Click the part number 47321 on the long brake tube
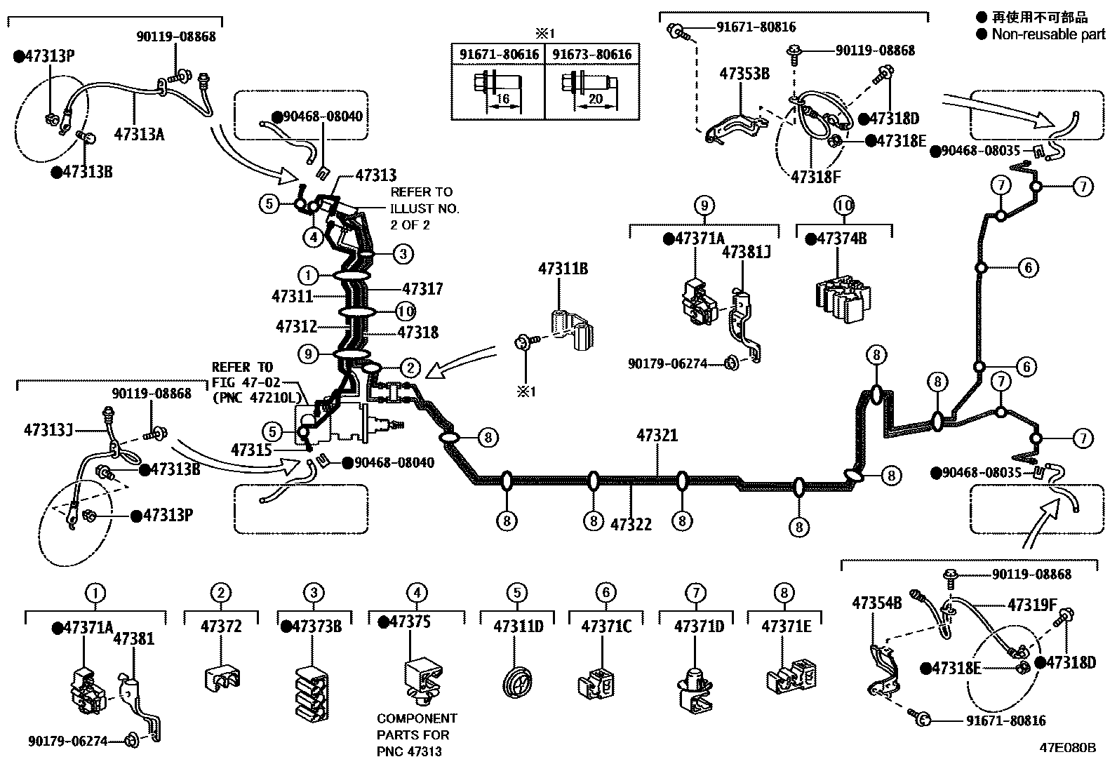[657, 436]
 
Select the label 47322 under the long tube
[631, 524]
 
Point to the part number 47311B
[563, 268]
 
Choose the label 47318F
[815, 176]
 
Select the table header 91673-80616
[591, 54]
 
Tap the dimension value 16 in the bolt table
[502, 100]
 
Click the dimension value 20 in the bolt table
[595, 100]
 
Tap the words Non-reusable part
[1048, 34]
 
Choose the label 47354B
[876, 603]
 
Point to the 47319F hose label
[1031, 604]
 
